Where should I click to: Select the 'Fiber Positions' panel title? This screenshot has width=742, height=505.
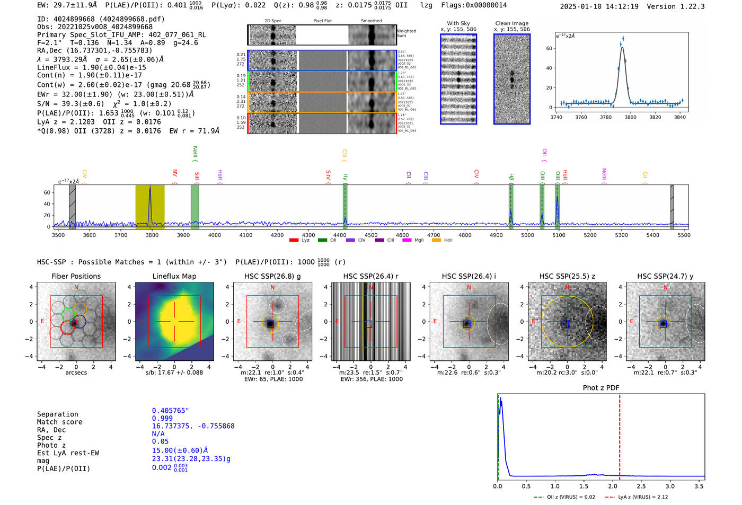point(76,276)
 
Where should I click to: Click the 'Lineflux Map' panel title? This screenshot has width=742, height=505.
point(174,276)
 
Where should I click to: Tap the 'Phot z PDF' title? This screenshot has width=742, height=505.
point(601,388)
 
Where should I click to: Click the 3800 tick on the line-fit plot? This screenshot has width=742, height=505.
point(630,117)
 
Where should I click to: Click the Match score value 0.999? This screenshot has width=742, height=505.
point(162,418)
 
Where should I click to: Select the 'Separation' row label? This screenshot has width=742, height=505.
point(58,414)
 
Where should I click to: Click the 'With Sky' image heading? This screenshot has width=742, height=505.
point(458,23)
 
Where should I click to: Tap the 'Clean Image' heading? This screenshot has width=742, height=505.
point(511,23)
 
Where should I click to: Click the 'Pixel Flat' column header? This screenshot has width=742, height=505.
point(322,21)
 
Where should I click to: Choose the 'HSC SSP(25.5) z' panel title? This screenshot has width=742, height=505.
point(567,276)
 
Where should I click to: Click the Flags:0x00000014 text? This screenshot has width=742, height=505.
point(474,5)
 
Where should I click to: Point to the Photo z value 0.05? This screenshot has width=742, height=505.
point(160,441)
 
